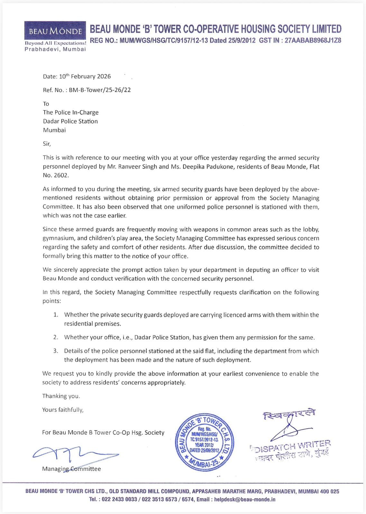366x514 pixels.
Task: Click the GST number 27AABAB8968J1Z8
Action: coord(313,40)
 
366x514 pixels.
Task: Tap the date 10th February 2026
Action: coord(85,76)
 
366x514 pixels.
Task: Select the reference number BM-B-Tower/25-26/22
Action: coord(100,90)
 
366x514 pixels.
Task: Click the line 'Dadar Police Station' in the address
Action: coord(70,121)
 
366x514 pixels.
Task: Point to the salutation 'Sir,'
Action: coord(47,144)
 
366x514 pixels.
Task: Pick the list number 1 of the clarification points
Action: coord(56,315)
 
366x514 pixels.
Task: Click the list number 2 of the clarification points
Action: coord(56,337)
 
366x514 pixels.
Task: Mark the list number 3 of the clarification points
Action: coord(56,351)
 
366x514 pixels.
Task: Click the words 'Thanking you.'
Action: coord(61,396)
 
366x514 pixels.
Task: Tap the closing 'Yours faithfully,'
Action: coord(63,410)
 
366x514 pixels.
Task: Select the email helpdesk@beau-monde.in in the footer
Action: coord(245,500)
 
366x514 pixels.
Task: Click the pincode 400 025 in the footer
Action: coord(329,492)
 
